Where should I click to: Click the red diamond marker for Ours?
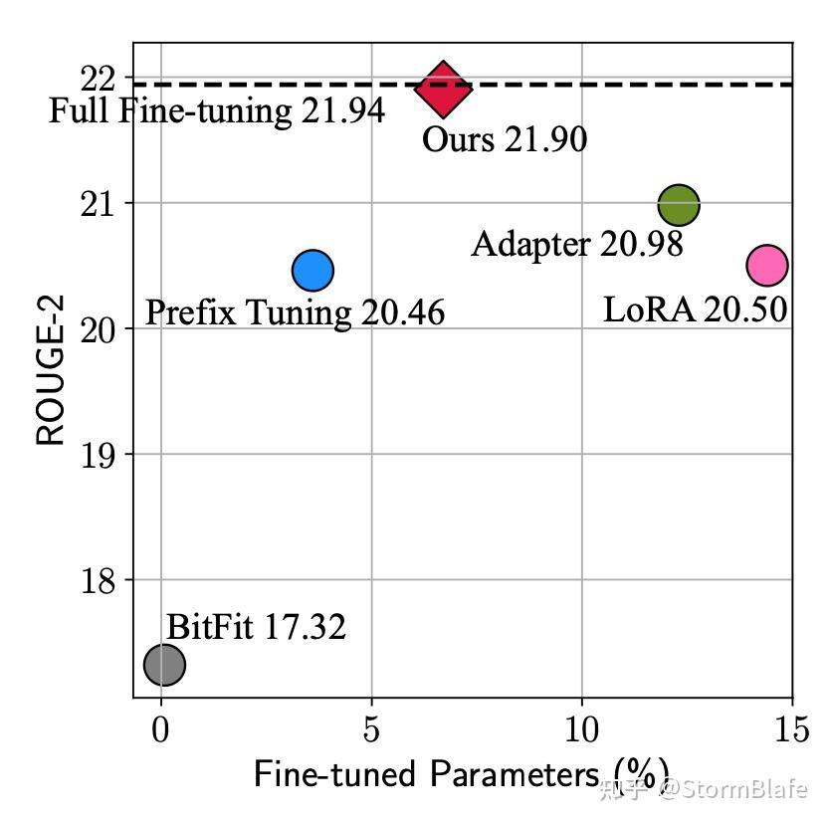(x=443, y=88)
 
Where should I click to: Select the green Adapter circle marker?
(x=679, y=205)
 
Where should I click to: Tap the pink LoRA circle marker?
(x=766, y=265)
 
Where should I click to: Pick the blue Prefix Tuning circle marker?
(x=312, y=270)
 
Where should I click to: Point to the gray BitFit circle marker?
(x=164, y=664)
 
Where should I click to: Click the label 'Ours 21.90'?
(x=504, y=139)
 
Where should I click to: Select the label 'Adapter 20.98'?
(x=577, y=244)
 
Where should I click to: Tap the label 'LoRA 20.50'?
(x=695, y=309)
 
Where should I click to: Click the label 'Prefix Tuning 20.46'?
(x=295, y=312)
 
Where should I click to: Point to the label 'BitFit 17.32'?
(x=256, y=628)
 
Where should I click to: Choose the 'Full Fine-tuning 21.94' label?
(x=217, y=110)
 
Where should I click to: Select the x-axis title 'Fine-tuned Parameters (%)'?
(x=460, y=774)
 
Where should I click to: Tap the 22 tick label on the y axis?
(x=100, y=78)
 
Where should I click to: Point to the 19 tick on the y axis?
(x=100, y=455)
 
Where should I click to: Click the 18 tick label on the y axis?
(x=100, y=580)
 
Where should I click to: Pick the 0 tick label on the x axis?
(x=161, y=729)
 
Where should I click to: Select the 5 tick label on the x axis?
(x=371, y=729)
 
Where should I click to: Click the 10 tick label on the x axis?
(x=582, y=729)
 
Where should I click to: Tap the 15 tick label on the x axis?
(x=791, y=729)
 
